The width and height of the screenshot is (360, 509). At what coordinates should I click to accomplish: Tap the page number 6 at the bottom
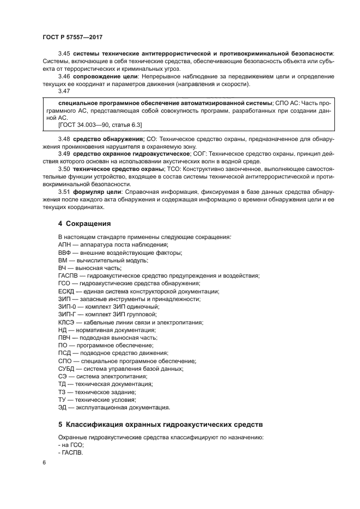coord(44,462)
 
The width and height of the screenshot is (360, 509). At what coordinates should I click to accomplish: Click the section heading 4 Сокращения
coord(84,224)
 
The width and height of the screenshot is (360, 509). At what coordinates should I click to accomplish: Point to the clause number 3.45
coord(65,53)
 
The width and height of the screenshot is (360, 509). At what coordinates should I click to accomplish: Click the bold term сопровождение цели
coord(100,77)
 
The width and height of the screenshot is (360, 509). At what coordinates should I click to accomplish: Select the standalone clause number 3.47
coord(65,92)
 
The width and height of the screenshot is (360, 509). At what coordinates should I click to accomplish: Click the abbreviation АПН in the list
coord(64,244)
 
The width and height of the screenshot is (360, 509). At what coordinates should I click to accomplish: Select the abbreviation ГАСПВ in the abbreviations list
coord(68,275)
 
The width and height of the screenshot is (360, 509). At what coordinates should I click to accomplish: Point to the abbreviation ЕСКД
coord(66,291)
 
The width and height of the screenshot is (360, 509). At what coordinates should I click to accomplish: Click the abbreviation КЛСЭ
coord(66,322)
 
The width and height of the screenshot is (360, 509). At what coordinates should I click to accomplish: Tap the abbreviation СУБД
coord(66,369)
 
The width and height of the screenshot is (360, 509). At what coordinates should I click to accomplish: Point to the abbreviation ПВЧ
coord(64,338)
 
